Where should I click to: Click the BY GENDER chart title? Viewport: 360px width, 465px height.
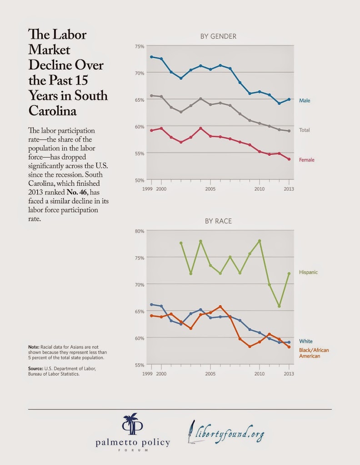(x=218, y=36)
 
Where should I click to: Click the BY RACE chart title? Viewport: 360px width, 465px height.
(x=218, y=221)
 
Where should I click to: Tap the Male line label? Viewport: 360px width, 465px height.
(x=305, y=100)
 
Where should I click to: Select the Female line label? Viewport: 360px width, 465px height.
(x=307, y=160)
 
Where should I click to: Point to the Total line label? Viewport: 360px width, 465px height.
(x=305, y=130)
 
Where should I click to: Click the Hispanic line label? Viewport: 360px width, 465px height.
(x=308, y=272)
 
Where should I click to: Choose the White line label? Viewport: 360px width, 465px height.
(x=306, y=341)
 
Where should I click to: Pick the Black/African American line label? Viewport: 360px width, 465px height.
(x=314, y=353)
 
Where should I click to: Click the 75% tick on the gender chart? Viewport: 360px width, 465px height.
(x=140, y=46)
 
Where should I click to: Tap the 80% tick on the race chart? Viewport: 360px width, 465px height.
(x=140, y=231)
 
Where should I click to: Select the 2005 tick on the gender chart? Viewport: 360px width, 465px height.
(x=210, y=188)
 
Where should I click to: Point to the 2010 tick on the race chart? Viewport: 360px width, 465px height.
(x=259, y=373)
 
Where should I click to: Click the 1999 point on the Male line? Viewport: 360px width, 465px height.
(x=151, y=57)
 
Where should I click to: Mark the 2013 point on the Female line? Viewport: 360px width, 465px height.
(x=289, y=159)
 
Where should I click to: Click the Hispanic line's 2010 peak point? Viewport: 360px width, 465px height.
(x=260, y=241)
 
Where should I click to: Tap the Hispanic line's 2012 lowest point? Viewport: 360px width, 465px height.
(x=279, y=306)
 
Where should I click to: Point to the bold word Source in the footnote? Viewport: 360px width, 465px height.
(x=36, y=368)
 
